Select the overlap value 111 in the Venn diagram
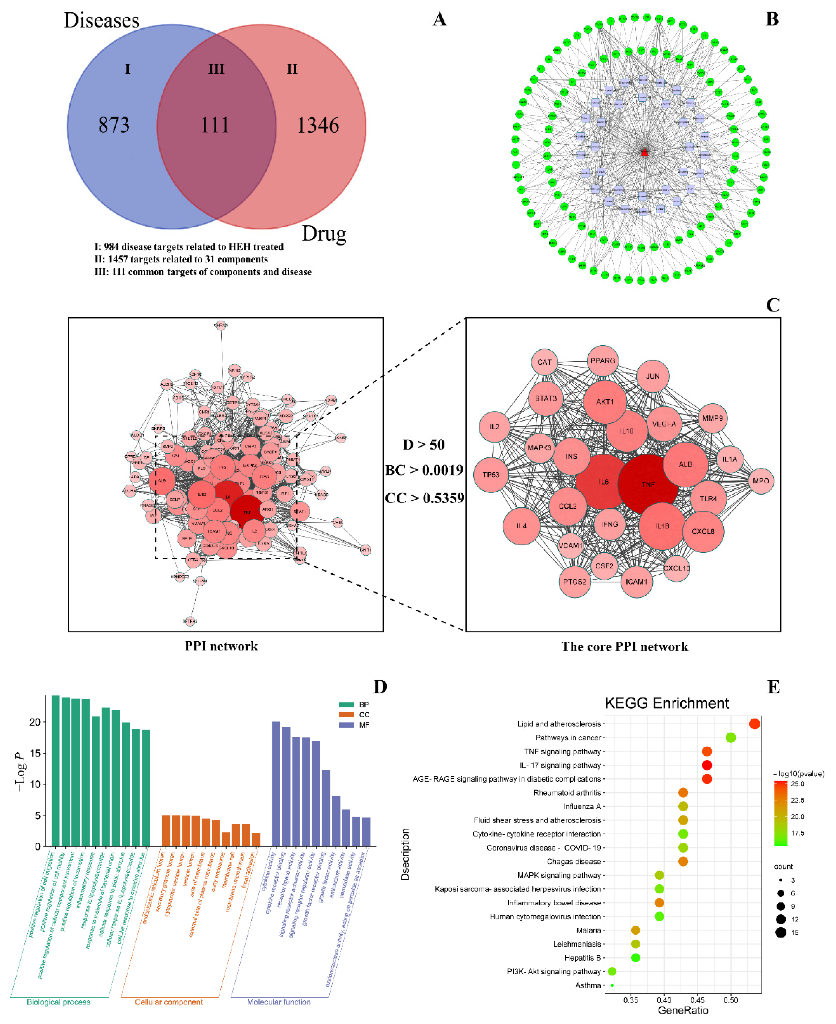(x=215, y=125)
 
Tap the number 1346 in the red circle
(x=318, y=125)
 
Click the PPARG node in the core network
(x=602, y=361)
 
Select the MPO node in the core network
(x=761, y=481)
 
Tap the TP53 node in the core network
(x=491, y=475)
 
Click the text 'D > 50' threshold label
(x=424, y=445)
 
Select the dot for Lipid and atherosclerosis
(x=754, y=724)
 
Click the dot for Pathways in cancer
(x=730, y=738)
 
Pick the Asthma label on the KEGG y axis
(x=588, y=985)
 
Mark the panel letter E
(x=773, y=687)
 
